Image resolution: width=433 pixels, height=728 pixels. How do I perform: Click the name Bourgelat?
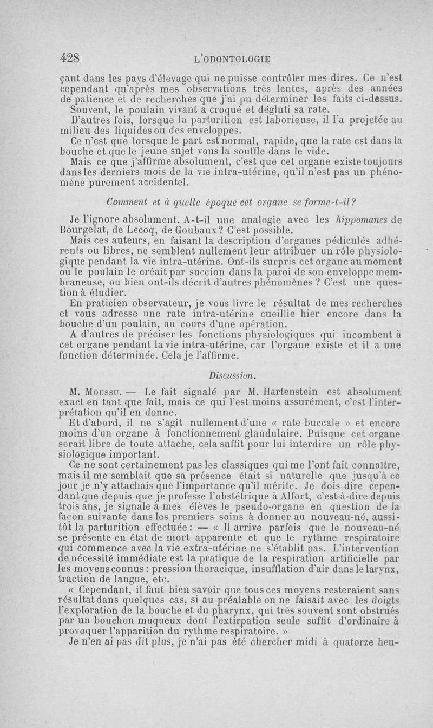coord(85,229)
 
